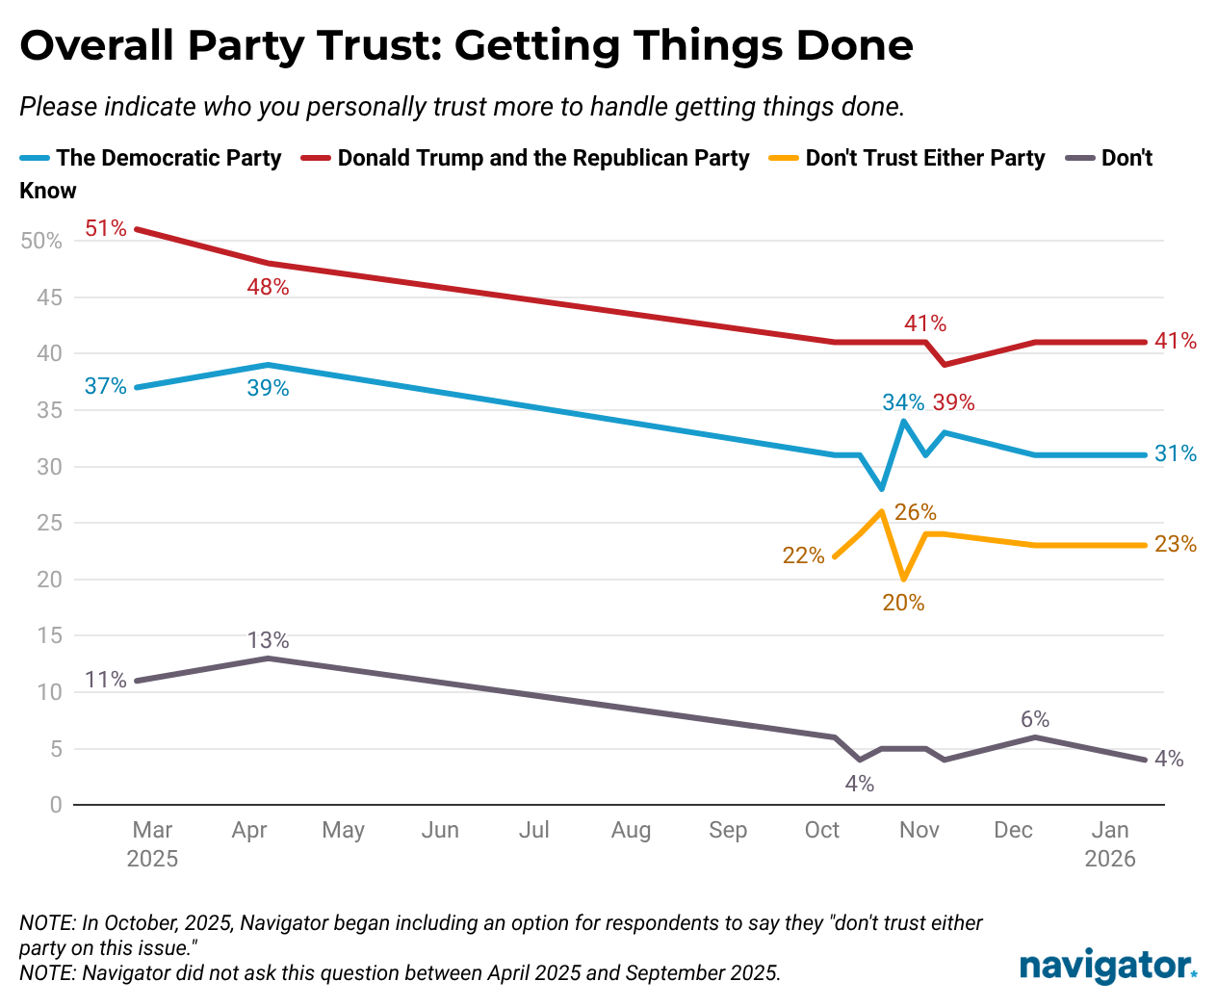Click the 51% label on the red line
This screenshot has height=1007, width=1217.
pos(105,228)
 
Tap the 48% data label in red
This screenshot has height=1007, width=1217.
pos(268,286)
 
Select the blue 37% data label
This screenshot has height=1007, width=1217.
pos(105,386)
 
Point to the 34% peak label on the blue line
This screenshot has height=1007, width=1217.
pos(903,402)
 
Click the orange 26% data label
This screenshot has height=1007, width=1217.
pos(915,512)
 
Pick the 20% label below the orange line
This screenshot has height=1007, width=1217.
pos(903,604)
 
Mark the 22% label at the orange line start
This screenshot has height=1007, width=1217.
pos(803,555)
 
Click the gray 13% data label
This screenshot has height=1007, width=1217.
pos(268,640)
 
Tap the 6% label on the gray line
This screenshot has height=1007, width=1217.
pos(1035,719)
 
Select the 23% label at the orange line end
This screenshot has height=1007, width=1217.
pos(1176,545)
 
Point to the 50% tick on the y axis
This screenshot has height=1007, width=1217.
pos(41,241)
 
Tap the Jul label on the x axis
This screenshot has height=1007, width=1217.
pos(533,830)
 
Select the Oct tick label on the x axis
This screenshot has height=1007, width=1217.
pos(822,830)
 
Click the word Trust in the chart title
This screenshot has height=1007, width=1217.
pos(371,45)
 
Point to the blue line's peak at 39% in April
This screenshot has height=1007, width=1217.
pos(268,365)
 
